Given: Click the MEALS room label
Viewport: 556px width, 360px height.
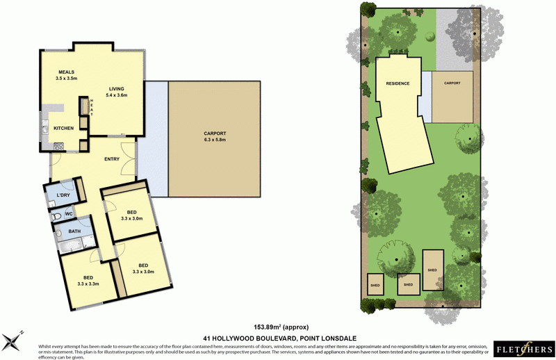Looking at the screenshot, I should click(x=67, y=72).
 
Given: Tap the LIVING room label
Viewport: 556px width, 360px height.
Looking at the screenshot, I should click(x=115, y=88).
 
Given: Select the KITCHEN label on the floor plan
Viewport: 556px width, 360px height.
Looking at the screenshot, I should click(x=63, y=129).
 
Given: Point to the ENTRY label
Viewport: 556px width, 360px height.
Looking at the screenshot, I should click(x=112, y=159).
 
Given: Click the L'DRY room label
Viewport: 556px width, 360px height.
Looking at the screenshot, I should click(x=57, y=195).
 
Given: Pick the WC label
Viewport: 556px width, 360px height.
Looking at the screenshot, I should click(x=69, y=214).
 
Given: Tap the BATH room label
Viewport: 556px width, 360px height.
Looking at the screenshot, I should click(x=74, y=230).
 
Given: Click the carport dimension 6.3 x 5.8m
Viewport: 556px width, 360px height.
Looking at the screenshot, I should click(x=215, y=140).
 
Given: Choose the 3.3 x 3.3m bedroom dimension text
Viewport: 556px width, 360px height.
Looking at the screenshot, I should click(x=88, y=284).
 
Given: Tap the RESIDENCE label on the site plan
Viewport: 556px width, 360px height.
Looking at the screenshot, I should click(x=398, y=83).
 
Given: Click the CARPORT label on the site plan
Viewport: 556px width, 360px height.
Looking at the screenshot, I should click(x=451, y=83).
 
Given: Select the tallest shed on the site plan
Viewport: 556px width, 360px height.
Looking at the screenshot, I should click(x=432, y=270).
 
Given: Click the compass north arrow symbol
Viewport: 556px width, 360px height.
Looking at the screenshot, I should click(x=13, y=341).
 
